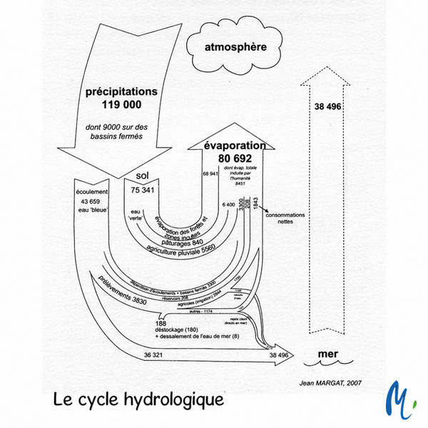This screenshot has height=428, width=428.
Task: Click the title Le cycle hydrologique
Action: (138, 399)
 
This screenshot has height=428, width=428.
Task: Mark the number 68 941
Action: (210, 174)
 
